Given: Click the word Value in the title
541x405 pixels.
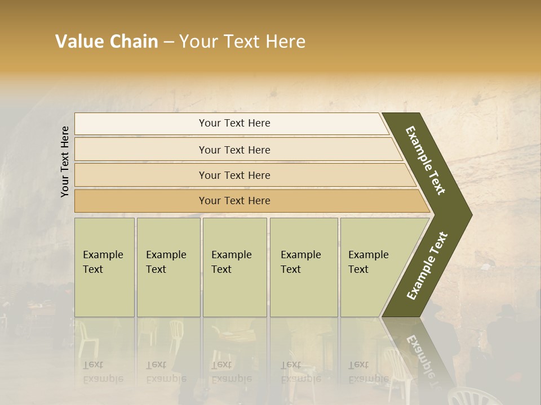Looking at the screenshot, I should click(78, 42).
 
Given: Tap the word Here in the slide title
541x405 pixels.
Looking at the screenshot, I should click(285, 42).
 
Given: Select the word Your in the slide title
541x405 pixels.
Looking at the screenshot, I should click(196, 42).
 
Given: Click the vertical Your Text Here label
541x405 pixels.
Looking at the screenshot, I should click(65, 161).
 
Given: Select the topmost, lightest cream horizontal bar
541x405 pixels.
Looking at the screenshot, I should click(231, 124).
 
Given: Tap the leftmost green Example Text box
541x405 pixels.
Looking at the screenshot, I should click(104, 267).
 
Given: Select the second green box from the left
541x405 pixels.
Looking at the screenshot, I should click(168, 267).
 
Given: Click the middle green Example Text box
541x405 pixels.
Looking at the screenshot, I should click(234, 267).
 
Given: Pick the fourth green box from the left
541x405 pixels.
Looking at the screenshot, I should click(303, 267).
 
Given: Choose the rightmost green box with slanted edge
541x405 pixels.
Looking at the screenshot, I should click(375, 267).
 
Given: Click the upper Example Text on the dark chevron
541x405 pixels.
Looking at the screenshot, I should click(425, 160).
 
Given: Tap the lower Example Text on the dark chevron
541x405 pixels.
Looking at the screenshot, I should click(427, 265).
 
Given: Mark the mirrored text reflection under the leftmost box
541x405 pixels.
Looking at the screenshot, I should click(103, 372).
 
